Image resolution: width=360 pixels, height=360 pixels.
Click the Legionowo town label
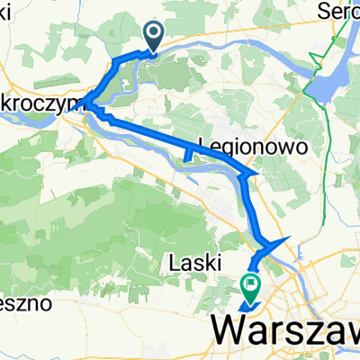point(247,147)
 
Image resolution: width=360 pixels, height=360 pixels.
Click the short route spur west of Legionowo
point(186,157)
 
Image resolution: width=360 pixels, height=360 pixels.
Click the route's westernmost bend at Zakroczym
point(85,104)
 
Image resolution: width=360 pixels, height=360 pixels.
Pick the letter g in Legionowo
point(229,148)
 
